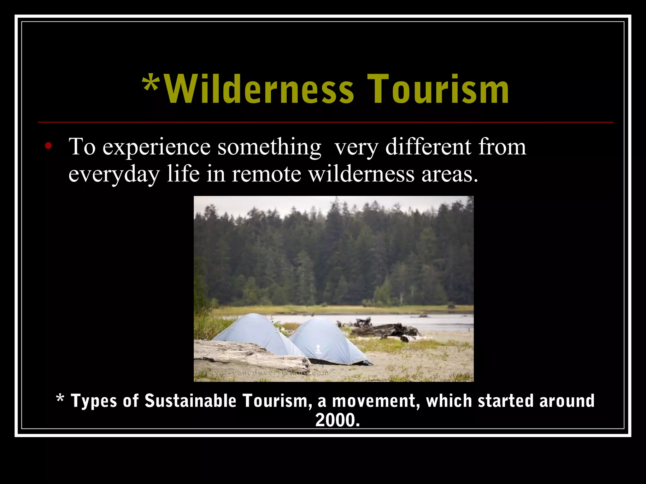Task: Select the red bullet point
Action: [x=48, y=146]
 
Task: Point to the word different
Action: [x=428, y=147]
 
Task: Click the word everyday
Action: [x=114, y=174]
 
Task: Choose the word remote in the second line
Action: [x=267, y=174]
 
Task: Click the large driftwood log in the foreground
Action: [x=249, y=356]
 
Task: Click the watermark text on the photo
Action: [x=262, y=373]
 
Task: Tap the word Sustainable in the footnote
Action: [x=190, y=401]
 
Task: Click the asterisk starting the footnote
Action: [x=60, y=399]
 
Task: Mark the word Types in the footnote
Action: [x=94, y=401]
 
